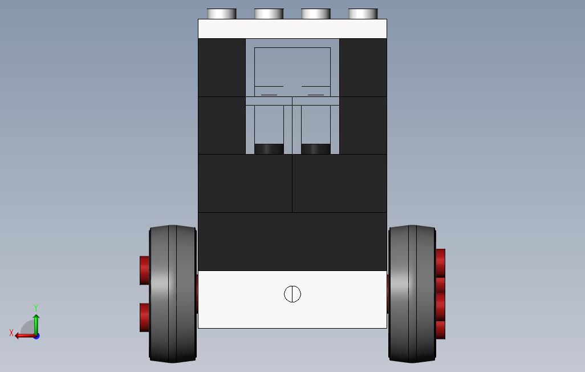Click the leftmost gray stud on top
click(222, 14)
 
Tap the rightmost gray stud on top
click(363, 14)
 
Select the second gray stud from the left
click(269, 14)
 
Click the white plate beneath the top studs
click(292, 29)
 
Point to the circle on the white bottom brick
click(292, 294)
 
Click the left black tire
click(172, 294)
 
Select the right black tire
click(412, 294)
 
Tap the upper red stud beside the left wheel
click(144, 270)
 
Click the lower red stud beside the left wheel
click(144, 317)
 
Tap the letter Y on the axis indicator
click(36, 308)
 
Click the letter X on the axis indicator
click(11, 333)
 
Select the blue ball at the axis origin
click(36, 335)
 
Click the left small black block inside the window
click(269, 149)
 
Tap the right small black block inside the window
click(315, 149)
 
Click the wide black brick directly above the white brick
click(292, 241)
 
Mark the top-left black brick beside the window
click(222, 67)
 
